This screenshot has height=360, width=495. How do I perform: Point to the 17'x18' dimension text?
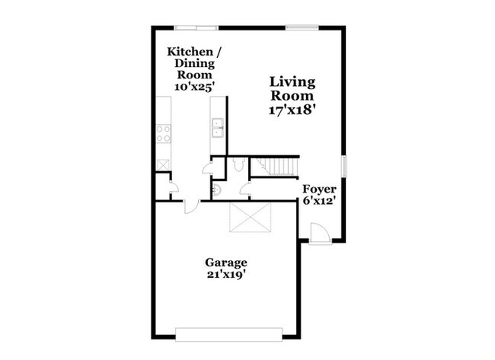click(x=292, y=110)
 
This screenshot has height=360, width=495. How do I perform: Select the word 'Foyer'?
click(x=319, y=189)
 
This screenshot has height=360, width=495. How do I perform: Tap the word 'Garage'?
click(x=225, y=263)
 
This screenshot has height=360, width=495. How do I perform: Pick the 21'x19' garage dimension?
click(x=225, y=276)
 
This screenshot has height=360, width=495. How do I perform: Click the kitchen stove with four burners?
click(x=164, y=134)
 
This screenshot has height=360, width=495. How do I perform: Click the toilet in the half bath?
click(x=238, y=164)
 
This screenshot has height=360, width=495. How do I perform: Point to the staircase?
click(x=276, y=166)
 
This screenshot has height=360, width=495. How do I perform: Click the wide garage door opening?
click(x=229, y=333)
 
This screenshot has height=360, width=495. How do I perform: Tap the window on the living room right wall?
click(x=343, y=165)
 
